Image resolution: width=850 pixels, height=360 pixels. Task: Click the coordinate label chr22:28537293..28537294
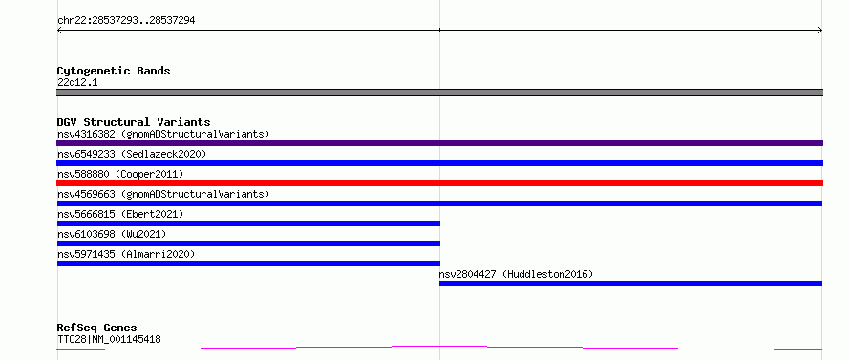126,21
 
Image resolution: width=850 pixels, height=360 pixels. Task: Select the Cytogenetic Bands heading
114,71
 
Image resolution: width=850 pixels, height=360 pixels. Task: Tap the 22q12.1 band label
77,83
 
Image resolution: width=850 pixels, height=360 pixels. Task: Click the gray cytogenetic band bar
439,93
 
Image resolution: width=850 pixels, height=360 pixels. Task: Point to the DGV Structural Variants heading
134,122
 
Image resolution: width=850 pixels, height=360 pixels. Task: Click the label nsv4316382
86,134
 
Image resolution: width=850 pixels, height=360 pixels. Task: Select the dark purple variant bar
439,143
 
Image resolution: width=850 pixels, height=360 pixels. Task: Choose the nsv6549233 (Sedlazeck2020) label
132,154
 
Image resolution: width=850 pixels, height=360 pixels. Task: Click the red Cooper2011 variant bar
439,183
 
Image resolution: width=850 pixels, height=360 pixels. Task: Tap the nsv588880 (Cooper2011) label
120,174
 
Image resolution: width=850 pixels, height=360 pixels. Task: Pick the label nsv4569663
86,194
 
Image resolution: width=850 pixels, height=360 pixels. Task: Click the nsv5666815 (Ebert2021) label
120,214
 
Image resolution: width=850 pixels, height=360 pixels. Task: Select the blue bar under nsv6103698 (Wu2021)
248,244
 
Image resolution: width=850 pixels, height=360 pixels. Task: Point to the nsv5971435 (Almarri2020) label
126,254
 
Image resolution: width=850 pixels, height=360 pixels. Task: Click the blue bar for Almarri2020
248,264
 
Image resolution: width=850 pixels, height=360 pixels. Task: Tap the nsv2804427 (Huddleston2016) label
516,274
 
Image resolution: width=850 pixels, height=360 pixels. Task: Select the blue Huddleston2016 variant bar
630,284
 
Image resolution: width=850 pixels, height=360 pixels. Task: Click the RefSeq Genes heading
96,328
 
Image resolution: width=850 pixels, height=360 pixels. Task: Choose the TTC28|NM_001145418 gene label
109,340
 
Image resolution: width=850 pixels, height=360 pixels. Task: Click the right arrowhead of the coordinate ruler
820,31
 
